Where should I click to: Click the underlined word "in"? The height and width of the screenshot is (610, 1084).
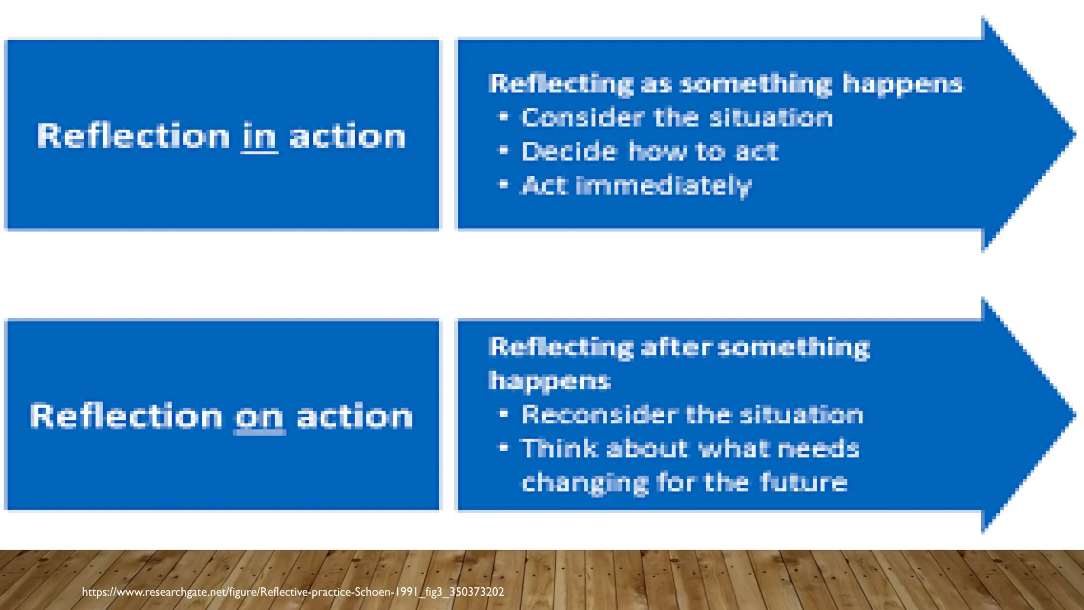click(259, 137)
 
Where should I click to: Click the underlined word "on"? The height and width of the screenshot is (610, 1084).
click(259, 417)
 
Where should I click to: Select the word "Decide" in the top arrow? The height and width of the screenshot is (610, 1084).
click(569, 151)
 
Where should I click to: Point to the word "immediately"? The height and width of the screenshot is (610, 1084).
click(663, 186)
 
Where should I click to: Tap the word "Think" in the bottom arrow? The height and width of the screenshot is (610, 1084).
click(559, 448)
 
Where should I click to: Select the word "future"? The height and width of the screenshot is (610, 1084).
click(803, 482)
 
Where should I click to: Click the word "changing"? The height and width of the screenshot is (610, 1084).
click(585, 483)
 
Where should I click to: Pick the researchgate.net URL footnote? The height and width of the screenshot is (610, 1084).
click(293, 592)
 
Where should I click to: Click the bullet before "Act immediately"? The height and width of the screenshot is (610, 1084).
click(503, 185)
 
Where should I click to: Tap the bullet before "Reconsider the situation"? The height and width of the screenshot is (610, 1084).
click(503, 414)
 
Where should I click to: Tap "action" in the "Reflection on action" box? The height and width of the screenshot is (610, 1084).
click(355, 417)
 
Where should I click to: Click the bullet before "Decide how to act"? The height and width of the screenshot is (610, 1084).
click(503, 151)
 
